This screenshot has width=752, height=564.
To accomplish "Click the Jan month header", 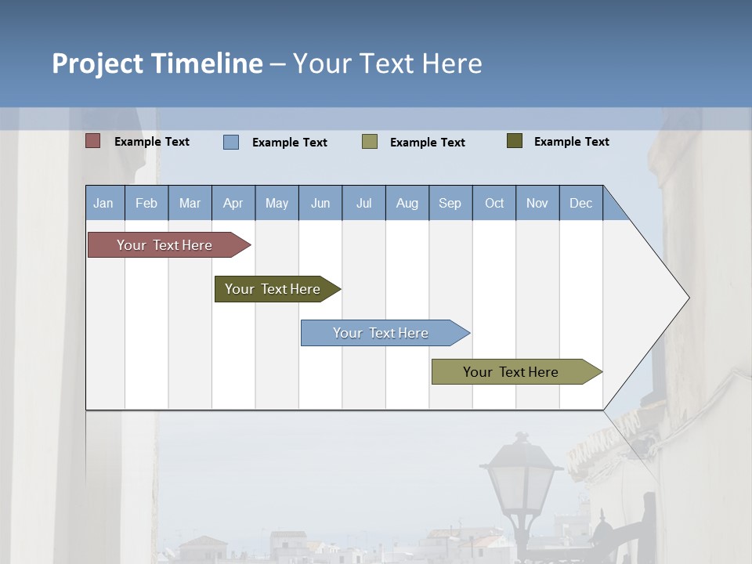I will tap(104, 203).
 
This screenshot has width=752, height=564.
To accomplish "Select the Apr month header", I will tap(233, 203).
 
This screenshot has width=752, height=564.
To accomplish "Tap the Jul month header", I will tap(363, 203).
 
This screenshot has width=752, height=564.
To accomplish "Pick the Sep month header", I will tap(450, 203).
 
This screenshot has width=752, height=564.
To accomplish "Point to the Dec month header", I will tap(580, 203).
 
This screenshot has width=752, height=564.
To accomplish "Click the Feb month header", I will tap(146, 203).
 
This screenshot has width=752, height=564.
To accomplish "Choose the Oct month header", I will tap(494, 203).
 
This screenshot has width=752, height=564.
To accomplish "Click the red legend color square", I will tap(93, 141).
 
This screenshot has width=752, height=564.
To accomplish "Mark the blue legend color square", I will tap(231, 142).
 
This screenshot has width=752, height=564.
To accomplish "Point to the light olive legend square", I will tap(370, 142).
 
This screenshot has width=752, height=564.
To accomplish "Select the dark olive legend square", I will tap(515, 141).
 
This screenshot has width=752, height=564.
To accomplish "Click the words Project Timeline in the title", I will tap(157, 63).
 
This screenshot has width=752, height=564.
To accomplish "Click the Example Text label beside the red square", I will tap(152, 142).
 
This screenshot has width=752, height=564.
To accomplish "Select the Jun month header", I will tap(320, 203).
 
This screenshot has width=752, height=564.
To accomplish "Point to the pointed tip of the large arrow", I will tap(687, 298).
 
